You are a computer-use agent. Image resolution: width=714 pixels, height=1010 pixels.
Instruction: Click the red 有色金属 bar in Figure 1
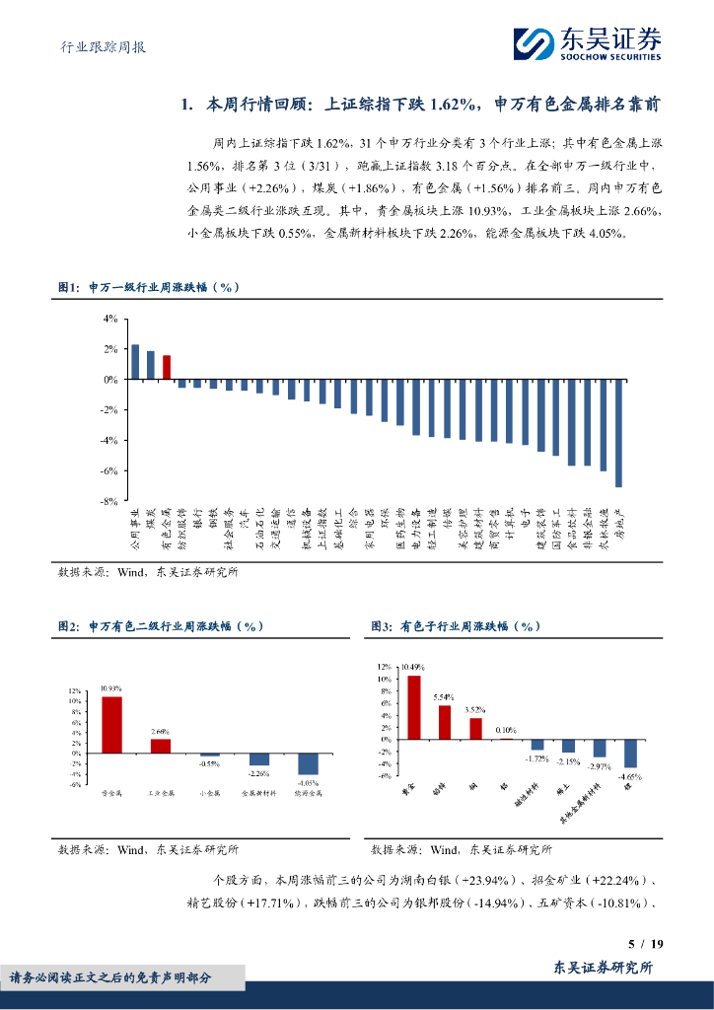pos(167,367)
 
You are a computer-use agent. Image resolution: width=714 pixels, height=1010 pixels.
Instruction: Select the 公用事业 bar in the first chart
pos(135,362)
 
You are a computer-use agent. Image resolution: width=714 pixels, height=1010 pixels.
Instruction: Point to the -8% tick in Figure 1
pos(109,501)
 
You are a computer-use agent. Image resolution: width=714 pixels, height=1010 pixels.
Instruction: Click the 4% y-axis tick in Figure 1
pos(110,319)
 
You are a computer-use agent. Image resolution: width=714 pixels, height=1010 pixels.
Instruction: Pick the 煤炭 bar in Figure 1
pos(151,365)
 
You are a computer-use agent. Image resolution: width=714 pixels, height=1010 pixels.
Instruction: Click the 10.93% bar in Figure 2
pos(111,725)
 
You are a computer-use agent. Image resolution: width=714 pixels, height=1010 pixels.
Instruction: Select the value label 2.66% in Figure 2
pos(160,731)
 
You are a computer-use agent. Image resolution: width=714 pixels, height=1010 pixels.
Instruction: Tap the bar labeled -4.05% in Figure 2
pos(308,763)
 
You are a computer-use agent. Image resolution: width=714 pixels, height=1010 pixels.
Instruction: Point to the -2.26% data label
pos(258,774)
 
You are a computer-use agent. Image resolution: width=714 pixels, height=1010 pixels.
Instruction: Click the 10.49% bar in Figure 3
pos(414,707)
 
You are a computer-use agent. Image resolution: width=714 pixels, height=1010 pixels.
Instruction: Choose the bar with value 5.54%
pos(445,722)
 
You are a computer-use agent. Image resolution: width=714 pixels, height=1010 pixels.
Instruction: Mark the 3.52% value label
pos(475,709)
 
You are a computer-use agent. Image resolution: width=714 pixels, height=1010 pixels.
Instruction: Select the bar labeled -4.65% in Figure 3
pos(630,754)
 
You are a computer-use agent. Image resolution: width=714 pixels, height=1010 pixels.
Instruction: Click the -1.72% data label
pos(536,758)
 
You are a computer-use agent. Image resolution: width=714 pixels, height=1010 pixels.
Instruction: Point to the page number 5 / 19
pos(645,944)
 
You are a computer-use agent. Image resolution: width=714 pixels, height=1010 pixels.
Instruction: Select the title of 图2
pos(160,626)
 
